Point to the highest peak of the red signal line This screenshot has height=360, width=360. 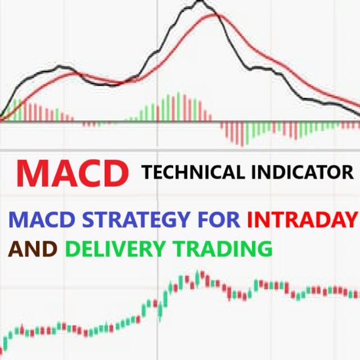point(215,15)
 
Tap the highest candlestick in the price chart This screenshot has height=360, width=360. point(198,276)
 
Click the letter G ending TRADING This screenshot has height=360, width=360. point(264,247)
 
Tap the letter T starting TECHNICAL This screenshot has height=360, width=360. point(147,172)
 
